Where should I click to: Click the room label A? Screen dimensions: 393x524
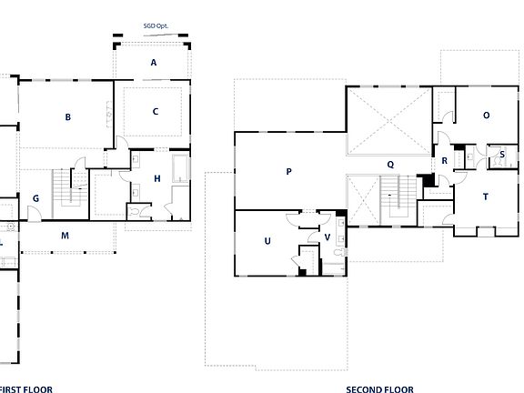click(x=154, y=63)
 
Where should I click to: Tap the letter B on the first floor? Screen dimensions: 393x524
click(x=67, y=116)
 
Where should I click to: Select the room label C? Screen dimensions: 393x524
click(x=156, y=112)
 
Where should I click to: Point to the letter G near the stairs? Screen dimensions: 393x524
click(x=35, y=198)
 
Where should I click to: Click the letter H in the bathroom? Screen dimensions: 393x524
click(x=157, y=179)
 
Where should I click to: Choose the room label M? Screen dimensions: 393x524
click(x=65, y=236)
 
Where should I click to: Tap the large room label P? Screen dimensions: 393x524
click(x=288, y=171)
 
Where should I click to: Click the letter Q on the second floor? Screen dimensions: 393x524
click(x=389, y=165)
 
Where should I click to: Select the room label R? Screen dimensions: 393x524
click(x=444, y=161)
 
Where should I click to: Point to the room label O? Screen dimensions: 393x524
click(x=486, y=116)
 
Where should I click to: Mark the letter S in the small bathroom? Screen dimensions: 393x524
click(x=502, y=156)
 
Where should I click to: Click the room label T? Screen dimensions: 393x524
click(x=485, y=196)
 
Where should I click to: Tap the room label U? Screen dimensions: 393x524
click(x=267, y=241)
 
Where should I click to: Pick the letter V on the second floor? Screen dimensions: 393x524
click(x=327, y=237)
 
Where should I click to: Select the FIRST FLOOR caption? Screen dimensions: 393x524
click(x=25, y=388)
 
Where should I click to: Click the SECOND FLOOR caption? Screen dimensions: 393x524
click(x=379, y=388)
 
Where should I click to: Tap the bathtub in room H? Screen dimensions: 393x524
click(x=179, y=169)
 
